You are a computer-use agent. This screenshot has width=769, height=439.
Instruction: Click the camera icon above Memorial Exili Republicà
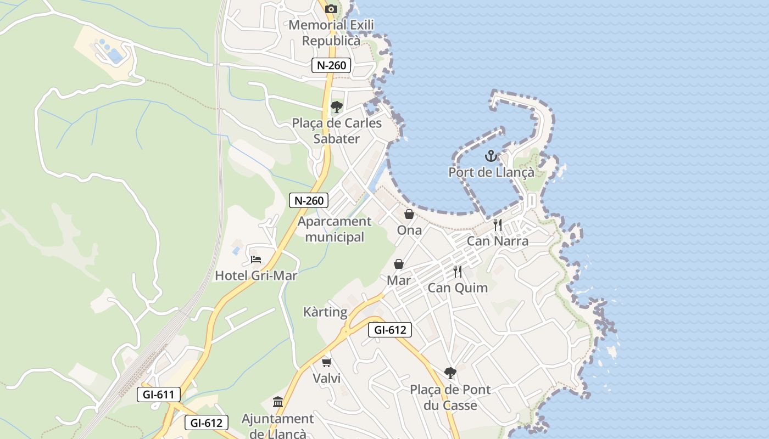coord(331,9)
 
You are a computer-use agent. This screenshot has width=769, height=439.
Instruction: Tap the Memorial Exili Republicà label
coord(331,33)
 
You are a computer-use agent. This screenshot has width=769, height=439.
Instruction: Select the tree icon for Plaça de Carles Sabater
coord(336,107)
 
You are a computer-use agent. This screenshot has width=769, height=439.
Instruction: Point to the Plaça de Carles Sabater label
coord(337,131)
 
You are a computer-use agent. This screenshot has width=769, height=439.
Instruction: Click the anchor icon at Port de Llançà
coord(491,156)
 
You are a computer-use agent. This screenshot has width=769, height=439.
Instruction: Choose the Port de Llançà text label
coord(491,172)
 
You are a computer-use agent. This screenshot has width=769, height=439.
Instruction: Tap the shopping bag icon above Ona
coord(409,214)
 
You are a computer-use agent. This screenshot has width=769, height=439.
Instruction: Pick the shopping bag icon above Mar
coord(399,264)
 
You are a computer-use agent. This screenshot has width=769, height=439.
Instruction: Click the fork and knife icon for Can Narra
coord(498,224)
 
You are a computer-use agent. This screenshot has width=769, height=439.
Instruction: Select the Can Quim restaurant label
coord(458,288)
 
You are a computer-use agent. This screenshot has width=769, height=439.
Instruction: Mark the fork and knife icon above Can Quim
coord(458,271)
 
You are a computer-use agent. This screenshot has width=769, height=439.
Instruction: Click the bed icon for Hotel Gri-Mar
coord(255,259)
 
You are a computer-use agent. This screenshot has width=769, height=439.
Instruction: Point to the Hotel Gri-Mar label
coord(256,275)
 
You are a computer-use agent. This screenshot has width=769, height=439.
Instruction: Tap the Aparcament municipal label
coord(335,229)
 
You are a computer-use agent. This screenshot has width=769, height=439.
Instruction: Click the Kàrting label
coord(325,312)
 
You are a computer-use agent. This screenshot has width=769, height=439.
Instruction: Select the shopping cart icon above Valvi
coord(327,362)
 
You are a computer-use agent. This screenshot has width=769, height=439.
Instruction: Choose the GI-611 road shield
coord(159,394)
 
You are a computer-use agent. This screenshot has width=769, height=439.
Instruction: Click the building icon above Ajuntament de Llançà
coord(277,403)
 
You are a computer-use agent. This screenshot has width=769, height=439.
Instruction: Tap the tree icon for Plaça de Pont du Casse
coord(450,373)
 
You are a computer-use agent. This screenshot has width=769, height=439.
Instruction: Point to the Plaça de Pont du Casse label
coord(450,398)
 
